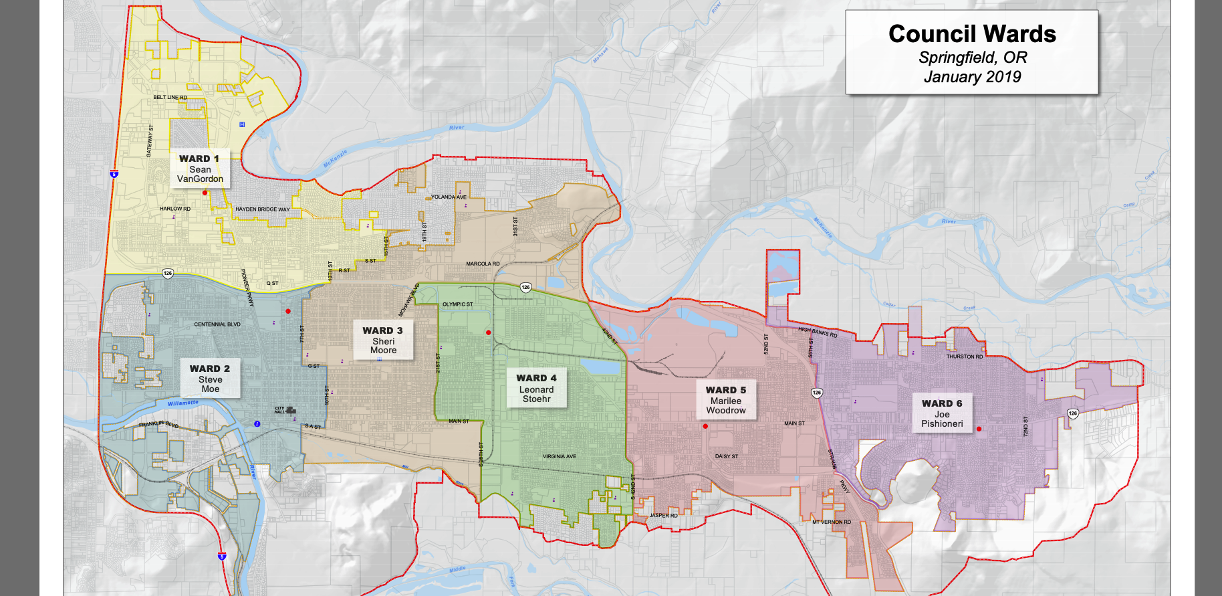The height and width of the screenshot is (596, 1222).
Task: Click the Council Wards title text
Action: [972, 34]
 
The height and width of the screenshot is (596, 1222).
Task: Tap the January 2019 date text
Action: [972, 77]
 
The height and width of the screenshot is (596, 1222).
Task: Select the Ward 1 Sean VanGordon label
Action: [199, 169]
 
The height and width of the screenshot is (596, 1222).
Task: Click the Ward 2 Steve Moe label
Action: [210, 379]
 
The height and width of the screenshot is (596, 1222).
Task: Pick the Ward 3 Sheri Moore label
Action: [383, 340]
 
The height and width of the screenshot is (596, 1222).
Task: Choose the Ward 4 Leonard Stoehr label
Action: [536, 388]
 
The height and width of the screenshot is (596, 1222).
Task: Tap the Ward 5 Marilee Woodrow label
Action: [726, 400]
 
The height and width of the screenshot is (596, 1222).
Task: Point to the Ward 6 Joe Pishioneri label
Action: [942, 413]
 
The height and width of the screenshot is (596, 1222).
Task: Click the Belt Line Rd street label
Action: [170, 98]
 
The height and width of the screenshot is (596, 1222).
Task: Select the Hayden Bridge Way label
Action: [263, 209]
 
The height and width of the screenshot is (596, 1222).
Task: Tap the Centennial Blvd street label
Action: [217, 324]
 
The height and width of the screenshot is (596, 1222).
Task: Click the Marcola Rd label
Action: [483, 264]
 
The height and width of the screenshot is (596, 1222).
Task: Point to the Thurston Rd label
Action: [965, 357]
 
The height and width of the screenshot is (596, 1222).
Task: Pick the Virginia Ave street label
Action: [560, 457]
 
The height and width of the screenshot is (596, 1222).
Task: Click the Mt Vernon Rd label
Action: [832, 522]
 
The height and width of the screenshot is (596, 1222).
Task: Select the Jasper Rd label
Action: [663, 516]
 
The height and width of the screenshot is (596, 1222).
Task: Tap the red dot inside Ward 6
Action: [979, 429]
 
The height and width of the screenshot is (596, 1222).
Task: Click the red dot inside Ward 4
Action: [489, 332]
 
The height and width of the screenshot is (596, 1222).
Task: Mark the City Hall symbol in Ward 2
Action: [291, 411]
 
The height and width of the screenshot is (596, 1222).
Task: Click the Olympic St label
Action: [457, 304]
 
